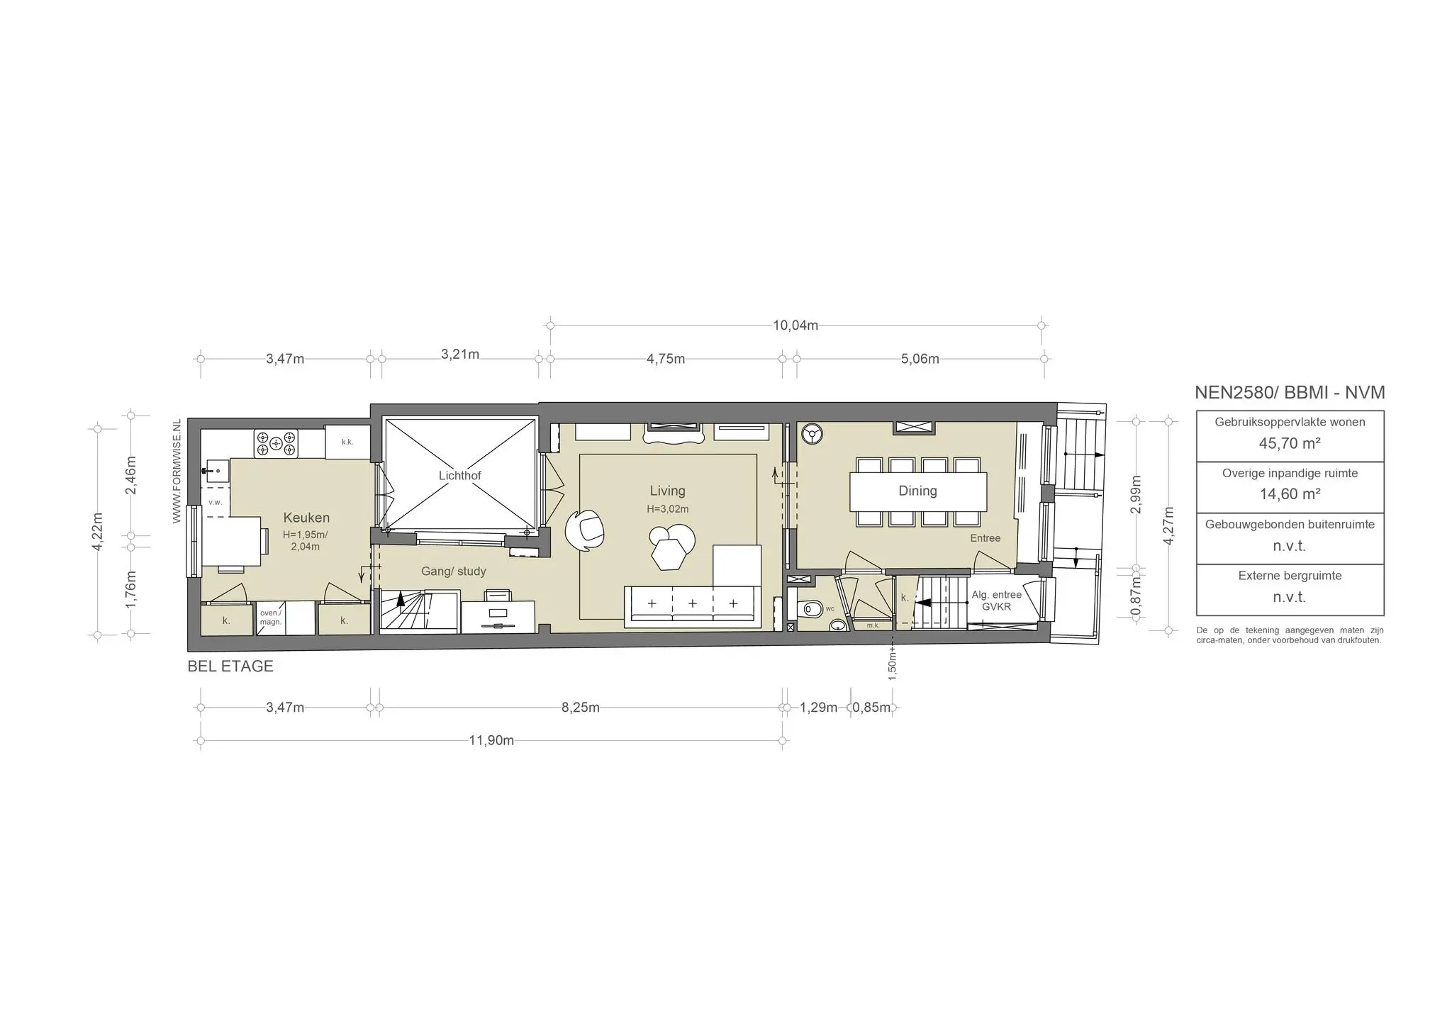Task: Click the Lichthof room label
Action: coord(459,475)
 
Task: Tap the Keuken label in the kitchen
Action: coord(306,518)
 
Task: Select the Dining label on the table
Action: coord(917,491)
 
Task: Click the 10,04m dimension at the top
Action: coord(795,325)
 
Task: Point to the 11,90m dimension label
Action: coord(491,741)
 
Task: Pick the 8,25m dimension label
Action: coord(581,708)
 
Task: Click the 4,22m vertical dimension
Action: coord(98,530)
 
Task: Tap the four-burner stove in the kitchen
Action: coord(276,444)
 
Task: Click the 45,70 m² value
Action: coord(1290,444)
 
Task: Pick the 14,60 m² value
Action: coord(1290,494)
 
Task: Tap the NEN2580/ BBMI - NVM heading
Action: coord(1290,392)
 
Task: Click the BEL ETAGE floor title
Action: coord(230,667)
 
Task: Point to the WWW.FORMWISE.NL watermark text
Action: coord(177,472)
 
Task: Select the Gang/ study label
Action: coord(454,571)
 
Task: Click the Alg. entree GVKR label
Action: coord(996,601)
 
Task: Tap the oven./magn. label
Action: coord(271,618)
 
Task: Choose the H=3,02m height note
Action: coord(667,509)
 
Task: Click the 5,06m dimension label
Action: coord(920,359)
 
